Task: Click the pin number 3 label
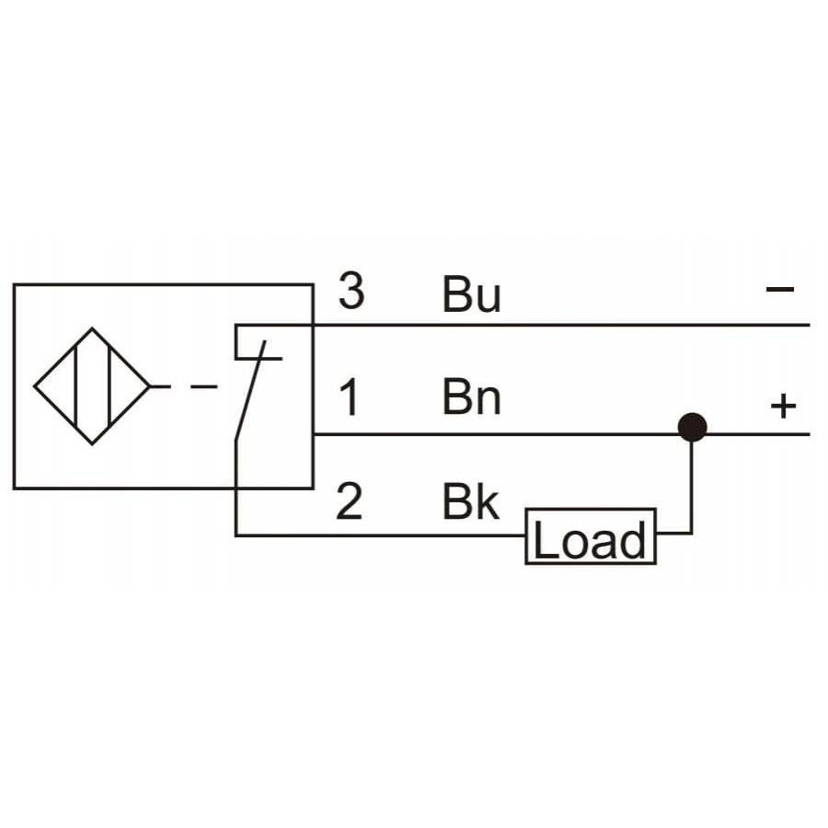[x=351, y=291]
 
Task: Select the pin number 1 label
[x=350, y=397]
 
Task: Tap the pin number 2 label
[x=349, y=500]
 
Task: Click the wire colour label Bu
[x=471, y=294]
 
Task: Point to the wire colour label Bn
[x=471, y=397]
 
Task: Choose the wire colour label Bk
[x=470, y=501]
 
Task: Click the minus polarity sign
[x=780, y=289]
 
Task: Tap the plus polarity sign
[x=783, y=406]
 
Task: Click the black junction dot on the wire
[x=692, y=427]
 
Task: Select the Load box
[x=591, y=536]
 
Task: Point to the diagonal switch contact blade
[x=249, y=390]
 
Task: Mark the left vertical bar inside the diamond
[x=76, y=386]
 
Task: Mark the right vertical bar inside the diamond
[x=109, y=386]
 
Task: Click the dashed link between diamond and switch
[x=185, y=386]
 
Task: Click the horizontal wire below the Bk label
[x=380, y=535]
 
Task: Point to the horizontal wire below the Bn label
[x=562, y=434]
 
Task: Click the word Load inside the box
[x=590, y=539]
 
